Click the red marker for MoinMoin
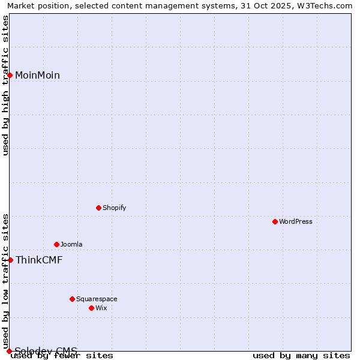tap(10, 75)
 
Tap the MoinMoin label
tap(37, 75)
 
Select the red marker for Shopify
tap(98, 208)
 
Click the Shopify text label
tap(114, 208)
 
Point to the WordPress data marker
tap(275, 222)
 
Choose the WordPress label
tap(295, 222)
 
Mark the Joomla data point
tap(56, 245)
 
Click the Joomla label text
tap(71, 245)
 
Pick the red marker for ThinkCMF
tap(10, 260)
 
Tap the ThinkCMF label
tap(39, 260)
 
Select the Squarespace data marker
tap(72, 299)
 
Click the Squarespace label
tap(97, 299)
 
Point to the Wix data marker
tap(91, 308)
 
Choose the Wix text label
tap(101, 308)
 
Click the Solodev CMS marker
tap(10, 351)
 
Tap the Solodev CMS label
tap(46, 351)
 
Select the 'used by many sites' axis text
tap(301, 356)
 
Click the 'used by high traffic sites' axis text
tap(5, 85)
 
